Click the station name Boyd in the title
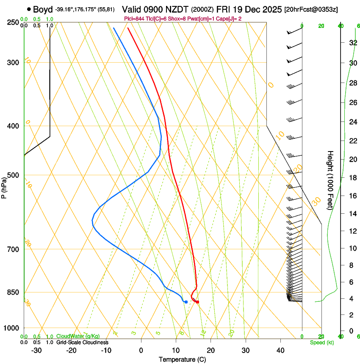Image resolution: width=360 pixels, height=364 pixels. [42, 9]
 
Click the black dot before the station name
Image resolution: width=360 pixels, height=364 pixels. [29, 9]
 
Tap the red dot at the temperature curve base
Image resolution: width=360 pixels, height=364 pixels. [197, 302]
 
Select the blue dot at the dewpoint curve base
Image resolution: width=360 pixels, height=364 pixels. [186, 302]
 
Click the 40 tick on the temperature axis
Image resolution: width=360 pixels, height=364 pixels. [280, 350]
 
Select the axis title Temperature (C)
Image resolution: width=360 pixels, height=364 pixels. [182, 359]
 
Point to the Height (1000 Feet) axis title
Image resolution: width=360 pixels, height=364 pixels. [330, 180]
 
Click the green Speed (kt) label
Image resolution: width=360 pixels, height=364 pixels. [321, 342]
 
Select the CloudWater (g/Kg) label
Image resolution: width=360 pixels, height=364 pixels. [78, 336]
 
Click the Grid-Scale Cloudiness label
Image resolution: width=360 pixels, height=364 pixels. [82, 342]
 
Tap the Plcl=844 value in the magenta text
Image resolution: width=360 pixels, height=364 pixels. [135, 19]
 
